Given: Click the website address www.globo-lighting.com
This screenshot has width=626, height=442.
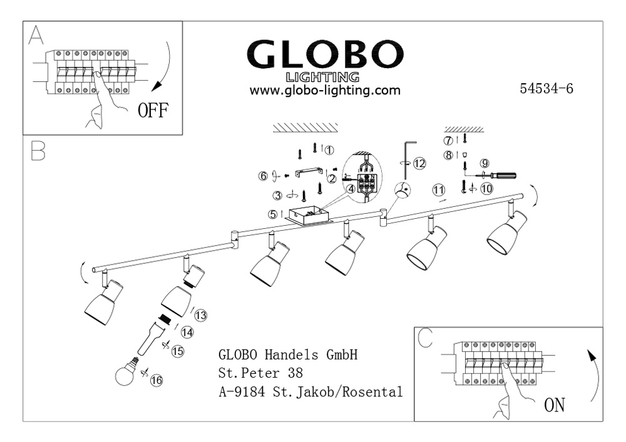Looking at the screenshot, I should (325, 90).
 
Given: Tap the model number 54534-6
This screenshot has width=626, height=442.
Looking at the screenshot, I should (546, 88).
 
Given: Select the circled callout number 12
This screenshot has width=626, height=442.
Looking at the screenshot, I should (419, 163).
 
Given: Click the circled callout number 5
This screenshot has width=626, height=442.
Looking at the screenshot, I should (273, 214).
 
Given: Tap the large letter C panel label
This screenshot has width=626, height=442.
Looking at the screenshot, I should (426, 338).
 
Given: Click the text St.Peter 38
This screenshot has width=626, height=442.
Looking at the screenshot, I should (260, 374).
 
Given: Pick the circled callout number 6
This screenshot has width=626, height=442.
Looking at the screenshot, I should (263, 176).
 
